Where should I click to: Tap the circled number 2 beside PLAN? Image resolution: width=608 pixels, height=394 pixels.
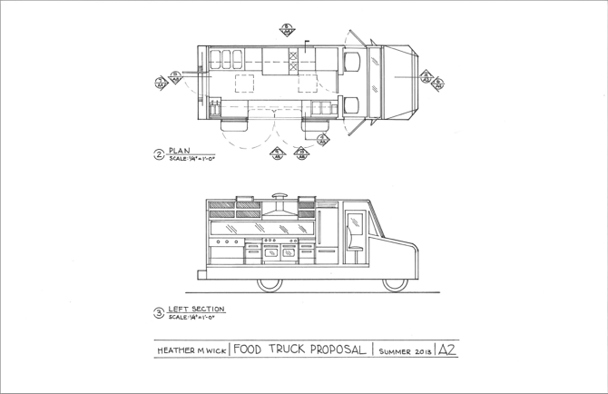click(x=159, y=155)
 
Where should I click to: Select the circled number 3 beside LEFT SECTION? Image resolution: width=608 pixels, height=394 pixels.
click(x=159, y=313)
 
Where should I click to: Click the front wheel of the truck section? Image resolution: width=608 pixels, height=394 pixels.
click(x=394, y=282)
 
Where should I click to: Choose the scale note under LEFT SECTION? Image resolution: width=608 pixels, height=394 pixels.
click(x=191, y=318)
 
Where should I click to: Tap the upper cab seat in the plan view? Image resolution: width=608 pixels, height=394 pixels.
click(x=351, y=61)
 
